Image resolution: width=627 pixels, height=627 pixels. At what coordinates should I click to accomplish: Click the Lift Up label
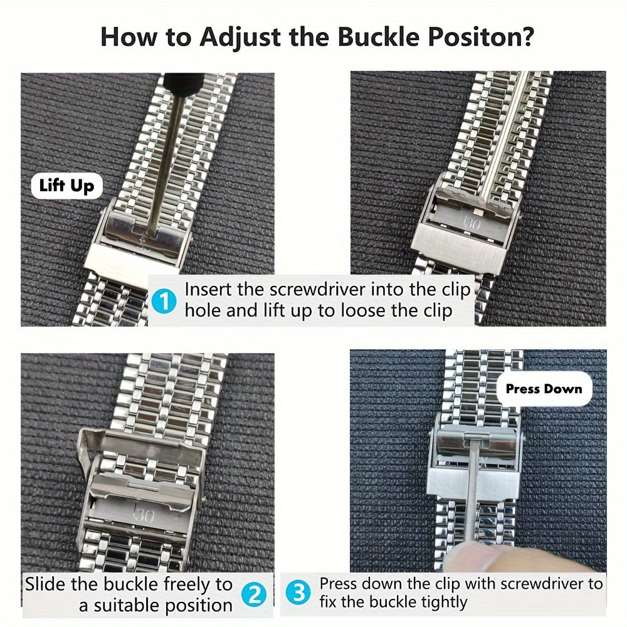tap(66, 186)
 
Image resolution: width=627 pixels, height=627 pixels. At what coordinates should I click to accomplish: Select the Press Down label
tap(544, 389)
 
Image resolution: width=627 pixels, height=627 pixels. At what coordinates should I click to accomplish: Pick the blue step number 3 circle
tap(299, 593)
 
